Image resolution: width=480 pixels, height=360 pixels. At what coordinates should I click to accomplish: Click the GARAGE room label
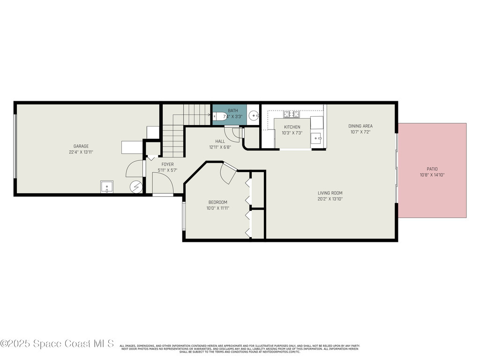click(x=81, y=146)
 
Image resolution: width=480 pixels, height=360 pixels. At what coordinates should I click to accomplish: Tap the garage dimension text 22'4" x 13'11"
click(x=81, y=152)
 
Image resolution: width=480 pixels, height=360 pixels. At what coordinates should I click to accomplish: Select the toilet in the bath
click(x=220, y=117)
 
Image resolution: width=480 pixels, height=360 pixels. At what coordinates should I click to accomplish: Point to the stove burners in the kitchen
click(x=291, y=114)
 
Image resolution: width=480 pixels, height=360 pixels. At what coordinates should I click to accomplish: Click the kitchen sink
click(x=315, y=138)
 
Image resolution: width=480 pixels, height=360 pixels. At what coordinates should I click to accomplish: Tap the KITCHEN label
click(x=292, y=127)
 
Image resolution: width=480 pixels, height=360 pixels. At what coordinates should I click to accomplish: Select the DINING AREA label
click(x=360, y=126)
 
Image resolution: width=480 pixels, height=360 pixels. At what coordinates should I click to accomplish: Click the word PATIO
click(x=432, y=169)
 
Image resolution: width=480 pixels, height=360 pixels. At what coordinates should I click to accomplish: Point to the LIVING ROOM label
click(x=330, y=193)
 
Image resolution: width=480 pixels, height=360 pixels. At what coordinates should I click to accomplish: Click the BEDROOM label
click(x=218, y=202)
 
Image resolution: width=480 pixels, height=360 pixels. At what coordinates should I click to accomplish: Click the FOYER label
click(x=167, y=165)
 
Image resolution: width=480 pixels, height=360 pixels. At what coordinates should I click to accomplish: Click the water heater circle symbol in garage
click(x=136, y=187)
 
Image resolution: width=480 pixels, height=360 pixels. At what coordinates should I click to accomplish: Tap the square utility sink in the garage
click(x=106, y=187)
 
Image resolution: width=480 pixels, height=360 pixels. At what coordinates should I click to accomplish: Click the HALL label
click(x=220, y=142)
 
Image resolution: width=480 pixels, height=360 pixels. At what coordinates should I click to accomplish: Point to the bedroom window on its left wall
click(x=184, y=216)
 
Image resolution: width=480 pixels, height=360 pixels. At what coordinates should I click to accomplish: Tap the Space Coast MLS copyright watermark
click(x=57, y=344)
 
